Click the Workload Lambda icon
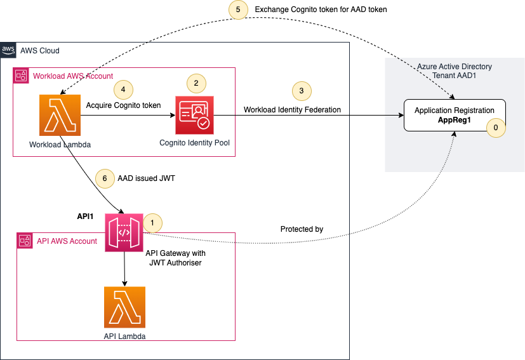pos(60,115)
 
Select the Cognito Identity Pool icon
pos(194,115)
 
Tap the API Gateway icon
pos(124,233)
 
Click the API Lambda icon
pos(124,307)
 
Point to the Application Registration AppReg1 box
pos(455,115)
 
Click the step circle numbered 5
pos(238,10)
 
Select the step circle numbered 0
pos(496,128)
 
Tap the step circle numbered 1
pos(153,223)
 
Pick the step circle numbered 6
pos(105,178)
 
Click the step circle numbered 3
pos(302,91)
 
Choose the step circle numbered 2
pos(196,83)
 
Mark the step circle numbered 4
pos(124,90)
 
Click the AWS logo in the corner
pos(8,50)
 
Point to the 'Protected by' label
pos(302,229)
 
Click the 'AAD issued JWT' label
pos(146,178)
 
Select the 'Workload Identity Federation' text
pos(292,109)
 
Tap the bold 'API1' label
pos(85,217)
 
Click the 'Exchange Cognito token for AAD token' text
pos(321,10)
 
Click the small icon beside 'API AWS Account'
pos(25,241)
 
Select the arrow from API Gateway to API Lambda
pos(124,269)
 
